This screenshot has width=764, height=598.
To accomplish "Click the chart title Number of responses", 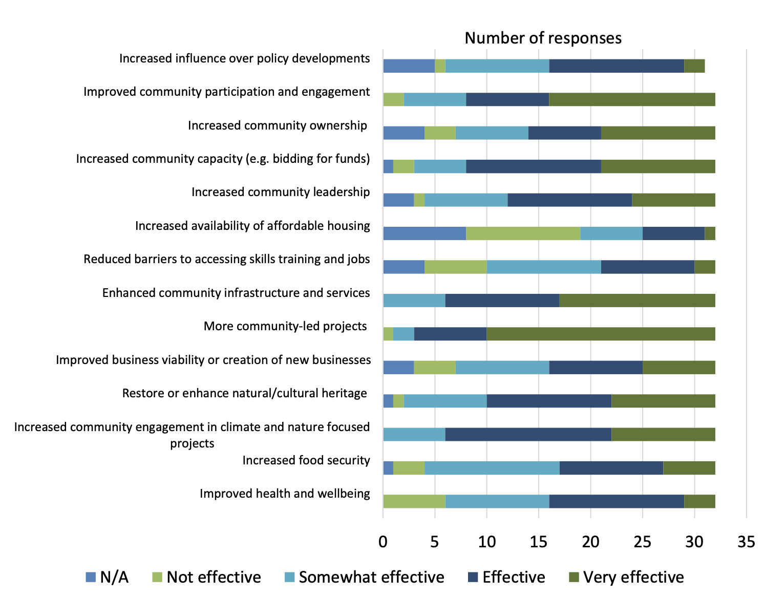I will click(543, 38).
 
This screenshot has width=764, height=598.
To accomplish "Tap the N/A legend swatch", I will click(91, 577).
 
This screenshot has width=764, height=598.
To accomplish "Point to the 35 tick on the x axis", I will click(746, 542).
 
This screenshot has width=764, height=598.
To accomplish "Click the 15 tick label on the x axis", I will click(539, 542).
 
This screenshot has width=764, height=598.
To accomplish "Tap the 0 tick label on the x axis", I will click(383, 542).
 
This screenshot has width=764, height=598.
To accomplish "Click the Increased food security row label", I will click(306, 460).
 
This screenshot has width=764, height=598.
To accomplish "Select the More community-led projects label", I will click(285, 326).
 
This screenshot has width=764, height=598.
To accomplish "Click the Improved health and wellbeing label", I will click(285, 494).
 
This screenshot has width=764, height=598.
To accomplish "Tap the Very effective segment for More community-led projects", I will click(601, 334).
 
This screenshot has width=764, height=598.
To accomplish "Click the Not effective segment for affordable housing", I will click(523, 233).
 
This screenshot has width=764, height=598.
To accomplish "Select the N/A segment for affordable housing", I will click(425, 233).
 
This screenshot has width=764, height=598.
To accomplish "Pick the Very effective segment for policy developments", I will click(694, 66).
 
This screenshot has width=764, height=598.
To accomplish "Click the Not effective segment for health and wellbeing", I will click(414, 501).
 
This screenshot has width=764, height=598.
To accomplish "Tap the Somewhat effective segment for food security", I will click(492, 468).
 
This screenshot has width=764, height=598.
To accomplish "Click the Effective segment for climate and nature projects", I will click(528, 434).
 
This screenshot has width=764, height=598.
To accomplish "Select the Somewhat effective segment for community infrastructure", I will click(414, 301).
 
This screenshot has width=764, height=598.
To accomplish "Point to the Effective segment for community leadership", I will click(569, 200).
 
